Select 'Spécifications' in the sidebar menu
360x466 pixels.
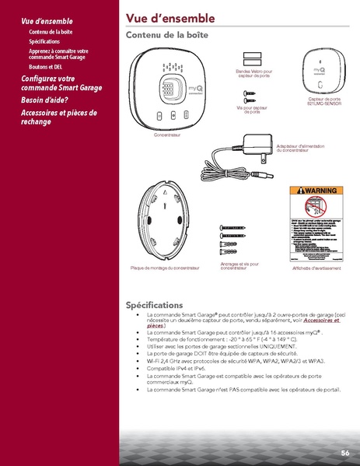click(48, 40)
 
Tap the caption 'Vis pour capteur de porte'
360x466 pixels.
click(251, 110)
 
